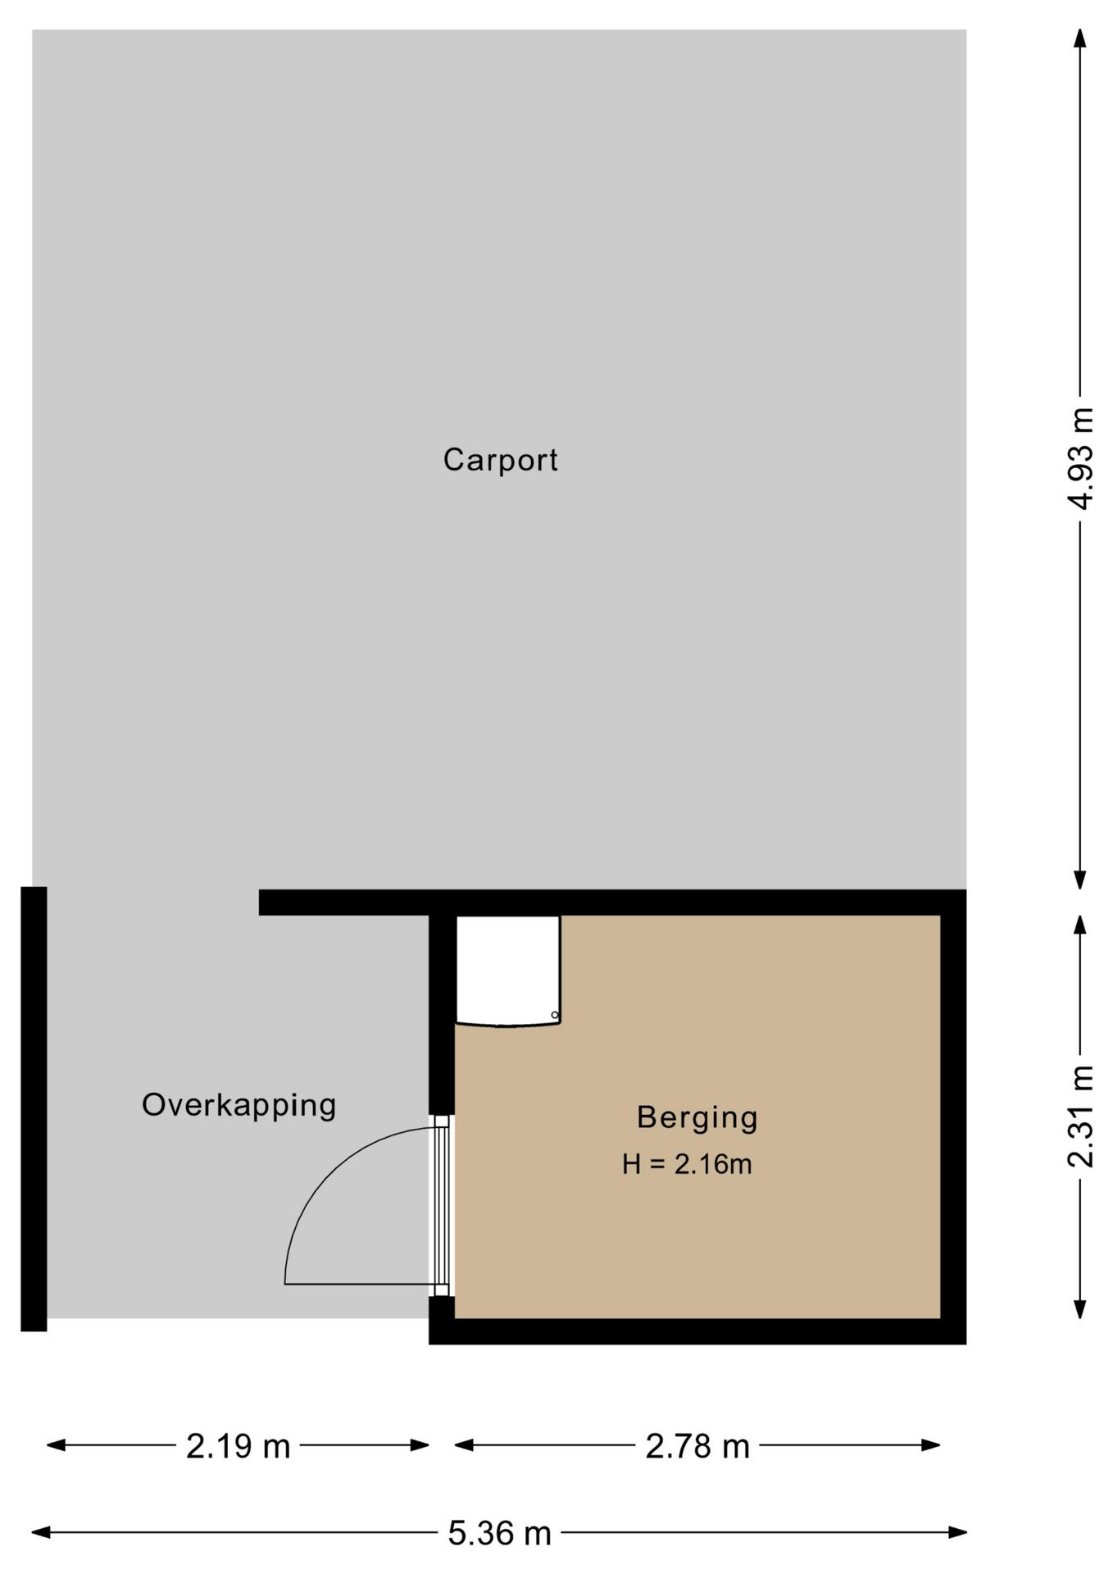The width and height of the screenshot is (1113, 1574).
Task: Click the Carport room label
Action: [500, 460]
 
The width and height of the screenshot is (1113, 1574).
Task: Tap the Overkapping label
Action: [238, 1106]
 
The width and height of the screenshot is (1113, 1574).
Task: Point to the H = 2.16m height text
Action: [687, 1164]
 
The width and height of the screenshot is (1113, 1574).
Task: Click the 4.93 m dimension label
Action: [1081, 458]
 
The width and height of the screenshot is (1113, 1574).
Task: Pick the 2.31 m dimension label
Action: [1081, 1116]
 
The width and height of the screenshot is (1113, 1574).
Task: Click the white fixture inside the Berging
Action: [508, 971]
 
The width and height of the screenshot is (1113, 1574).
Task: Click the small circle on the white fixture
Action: [555, 1016]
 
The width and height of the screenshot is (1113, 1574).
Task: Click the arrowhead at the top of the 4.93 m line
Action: [1080, 39]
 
